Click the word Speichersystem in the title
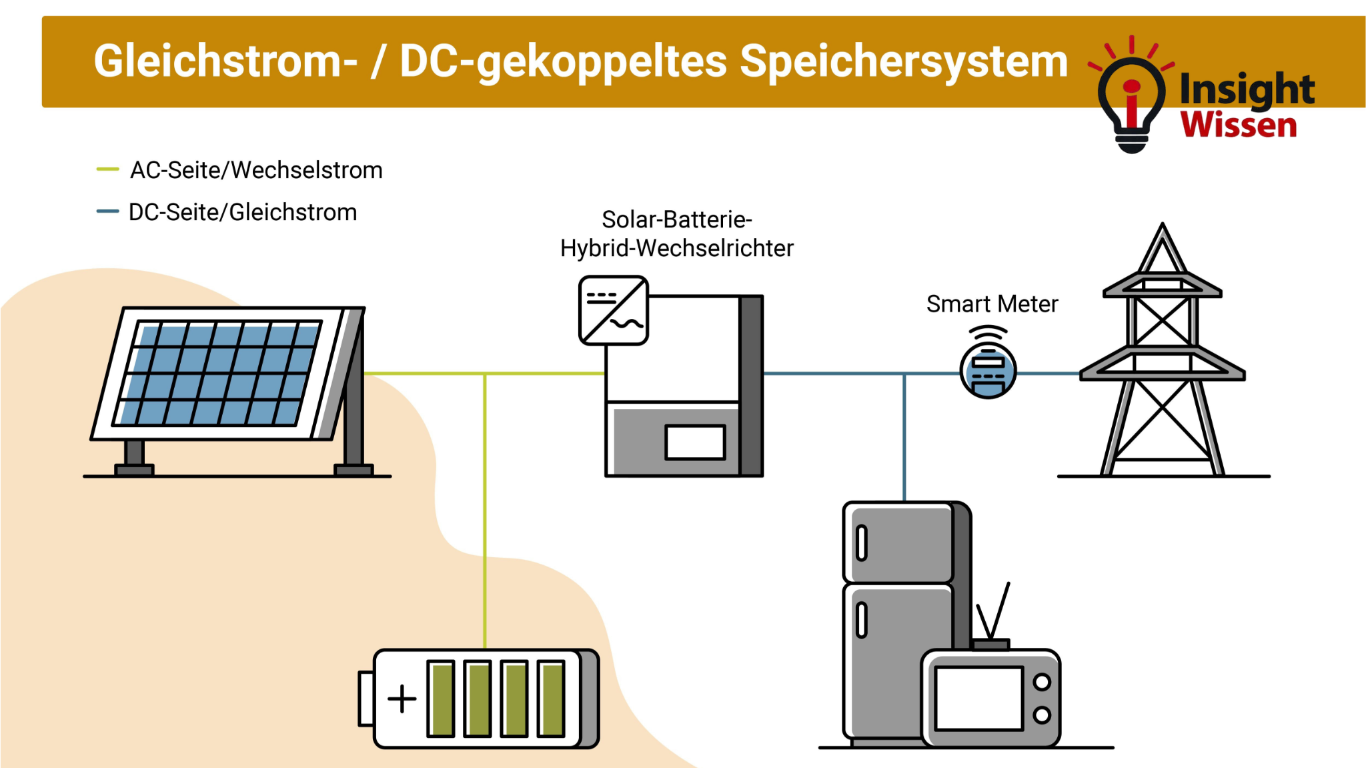coord(904,61)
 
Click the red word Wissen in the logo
coord(1239,125)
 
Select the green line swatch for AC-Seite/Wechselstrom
coord(107,169)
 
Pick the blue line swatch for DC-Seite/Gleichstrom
coord(107,212)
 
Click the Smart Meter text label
coord(992,304)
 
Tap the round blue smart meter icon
coord(988,371)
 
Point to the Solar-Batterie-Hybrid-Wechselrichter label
coord(676,234)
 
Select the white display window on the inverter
coord(695,442)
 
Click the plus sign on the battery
coord(402,699)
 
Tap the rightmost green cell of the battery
coord(551,699)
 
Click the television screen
coord(978,699)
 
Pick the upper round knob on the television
coord(1042,682)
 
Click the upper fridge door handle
coord(862,543)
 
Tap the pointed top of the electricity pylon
coord(1163,230)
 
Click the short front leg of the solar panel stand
coord(134,454)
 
